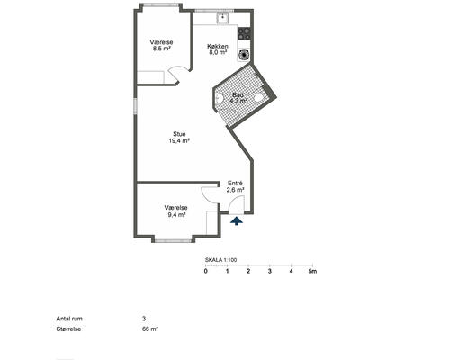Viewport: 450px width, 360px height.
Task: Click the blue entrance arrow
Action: click(x=237, y=221)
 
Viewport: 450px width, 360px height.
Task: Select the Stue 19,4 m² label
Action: click(x=179, y=138)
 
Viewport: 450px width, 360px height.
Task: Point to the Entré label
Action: click(x=235, y=184)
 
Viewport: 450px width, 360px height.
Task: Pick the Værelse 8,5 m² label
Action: click(x=161, y=45)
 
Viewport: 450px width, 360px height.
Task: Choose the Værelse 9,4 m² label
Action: click(x=175, y=211)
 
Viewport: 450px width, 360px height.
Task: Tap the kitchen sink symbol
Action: click(x=222, y=18)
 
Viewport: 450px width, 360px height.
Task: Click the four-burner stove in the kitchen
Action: click(x=244, y=33)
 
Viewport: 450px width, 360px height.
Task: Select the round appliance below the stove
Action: click(x=243, y=55)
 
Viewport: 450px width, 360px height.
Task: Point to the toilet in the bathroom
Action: click(x=259, y=97)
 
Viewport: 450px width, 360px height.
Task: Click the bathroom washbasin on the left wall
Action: click(x=220, y=98)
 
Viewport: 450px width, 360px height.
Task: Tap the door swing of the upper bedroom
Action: click(x=177, y=75)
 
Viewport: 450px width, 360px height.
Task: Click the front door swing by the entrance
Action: click(x=237, y=204)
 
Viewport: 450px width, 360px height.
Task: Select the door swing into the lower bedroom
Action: click(x=210, y=196)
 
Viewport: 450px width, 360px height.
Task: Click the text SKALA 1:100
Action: click(x=220, y=260)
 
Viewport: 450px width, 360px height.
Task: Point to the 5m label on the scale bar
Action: click(x=312, y=271)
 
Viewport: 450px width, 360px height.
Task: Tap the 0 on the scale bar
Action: click(x=205, y=271)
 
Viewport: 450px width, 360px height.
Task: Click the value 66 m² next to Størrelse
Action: click(x=150, y=328)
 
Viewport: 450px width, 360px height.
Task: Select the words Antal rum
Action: click(x=69, y=319)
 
